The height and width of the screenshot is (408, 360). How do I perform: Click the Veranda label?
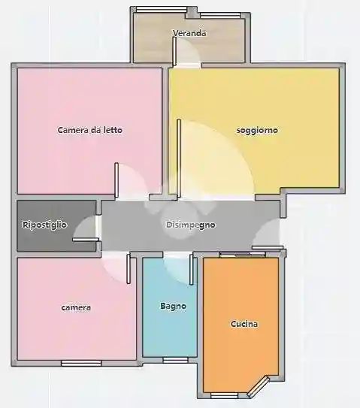(x=189, y=34)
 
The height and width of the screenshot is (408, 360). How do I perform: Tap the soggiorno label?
(x=257, y=130)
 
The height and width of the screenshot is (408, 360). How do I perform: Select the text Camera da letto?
(x=90, y=130)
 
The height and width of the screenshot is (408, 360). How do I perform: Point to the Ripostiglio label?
(x=45, y=225)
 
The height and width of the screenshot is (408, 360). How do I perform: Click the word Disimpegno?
(x=191, y=225)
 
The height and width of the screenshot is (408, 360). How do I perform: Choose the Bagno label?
(x=173, y=307)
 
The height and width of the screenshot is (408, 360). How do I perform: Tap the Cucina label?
(x=244, y=325)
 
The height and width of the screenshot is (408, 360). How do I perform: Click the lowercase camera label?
(x=77, y=308)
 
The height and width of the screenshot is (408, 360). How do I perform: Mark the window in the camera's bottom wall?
(x=81, y=363)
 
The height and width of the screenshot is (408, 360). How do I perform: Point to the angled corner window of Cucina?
(x=260, y=388)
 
